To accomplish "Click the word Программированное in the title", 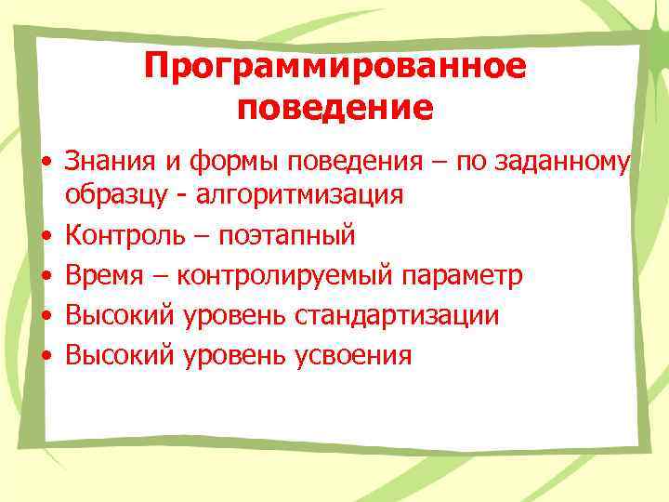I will click(x=335, y=67).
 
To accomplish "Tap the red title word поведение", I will click(x=335, y=109).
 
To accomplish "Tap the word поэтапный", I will click(x=287, y=235).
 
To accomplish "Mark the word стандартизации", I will click(x=397, y=315).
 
